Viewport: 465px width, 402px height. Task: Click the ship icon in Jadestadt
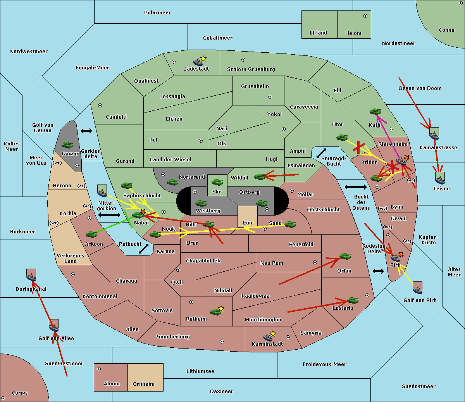198,62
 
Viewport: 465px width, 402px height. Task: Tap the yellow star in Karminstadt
273,334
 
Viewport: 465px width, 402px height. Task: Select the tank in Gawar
67,145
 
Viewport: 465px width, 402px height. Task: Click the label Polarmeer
157,13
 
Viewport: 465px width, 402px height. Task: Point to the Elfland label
318,33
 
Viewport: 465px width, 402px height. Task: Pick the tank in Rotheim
215,312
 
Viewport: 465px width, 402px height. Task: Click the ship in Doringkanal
31,277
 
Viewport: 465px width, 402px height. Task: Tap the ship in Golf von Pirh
418,290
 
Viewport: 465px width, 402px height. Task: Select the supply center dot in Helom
365,16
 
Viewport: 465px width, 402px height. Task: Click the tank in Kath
375,112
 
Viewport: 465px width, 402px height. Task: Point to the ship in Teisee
440,180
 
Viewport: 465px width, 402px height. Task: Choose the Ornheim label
143,384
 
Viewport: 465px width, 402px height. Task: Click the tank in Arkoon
91,235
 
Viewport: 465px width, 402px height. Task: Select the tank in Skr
217,182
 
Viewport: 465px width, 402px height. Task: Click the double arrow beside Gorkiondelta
86,131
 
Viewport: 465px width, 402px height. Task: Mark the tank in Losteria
353,300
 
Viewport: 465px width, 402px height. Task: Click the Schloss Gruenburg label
251,69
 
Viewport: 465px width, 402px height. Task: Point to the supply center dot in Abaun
99,369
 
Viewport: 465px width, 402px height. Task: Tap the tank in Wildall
260,177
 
